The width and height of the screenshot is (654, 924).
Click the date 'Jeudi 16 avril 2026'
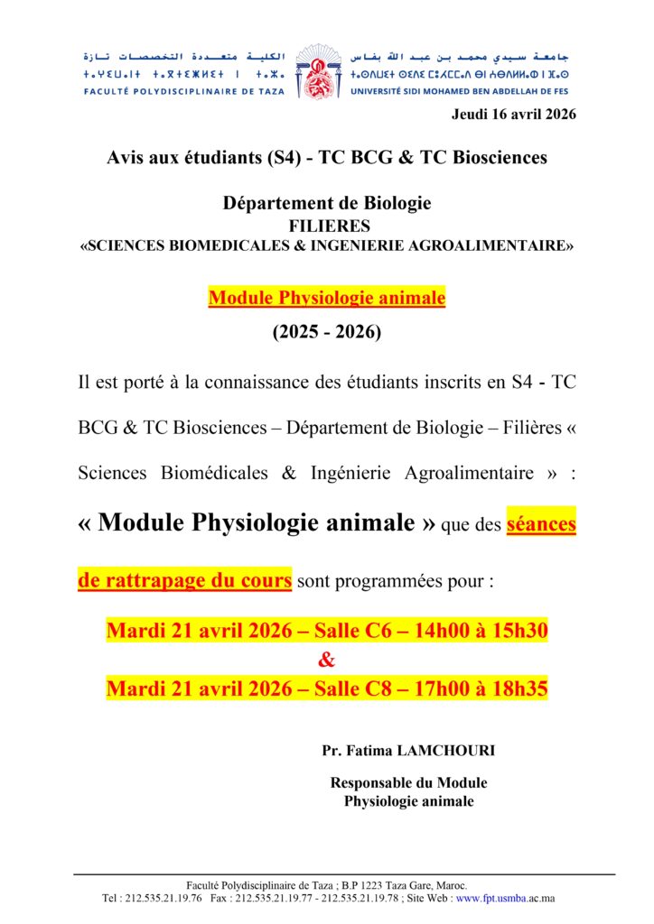pos(512,114)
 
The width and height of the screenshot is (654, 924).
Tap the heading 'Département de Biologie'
pos(327,203)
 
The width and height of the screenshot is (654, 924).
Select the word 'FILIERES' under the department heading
pos(327,226)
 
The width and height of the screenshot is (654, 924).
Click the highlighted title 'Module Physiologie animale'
pos(327,298)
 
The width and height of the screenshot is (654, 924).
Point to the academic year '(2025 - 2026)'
pos(327,332)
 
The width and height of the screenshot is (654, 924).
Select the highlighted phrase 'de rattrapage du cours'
pos(185,580)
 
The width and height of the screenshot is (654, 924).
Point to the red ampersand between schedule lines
pos(327,661)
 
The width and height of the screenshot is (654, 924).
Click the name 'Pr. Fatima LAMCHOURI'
pos(408,751)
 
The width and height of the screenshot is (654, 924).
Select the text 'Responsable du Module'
pos(408,783)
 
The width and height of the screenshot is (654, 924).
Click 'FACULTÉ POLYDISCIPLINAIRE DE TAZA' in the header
pos(183,91)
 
